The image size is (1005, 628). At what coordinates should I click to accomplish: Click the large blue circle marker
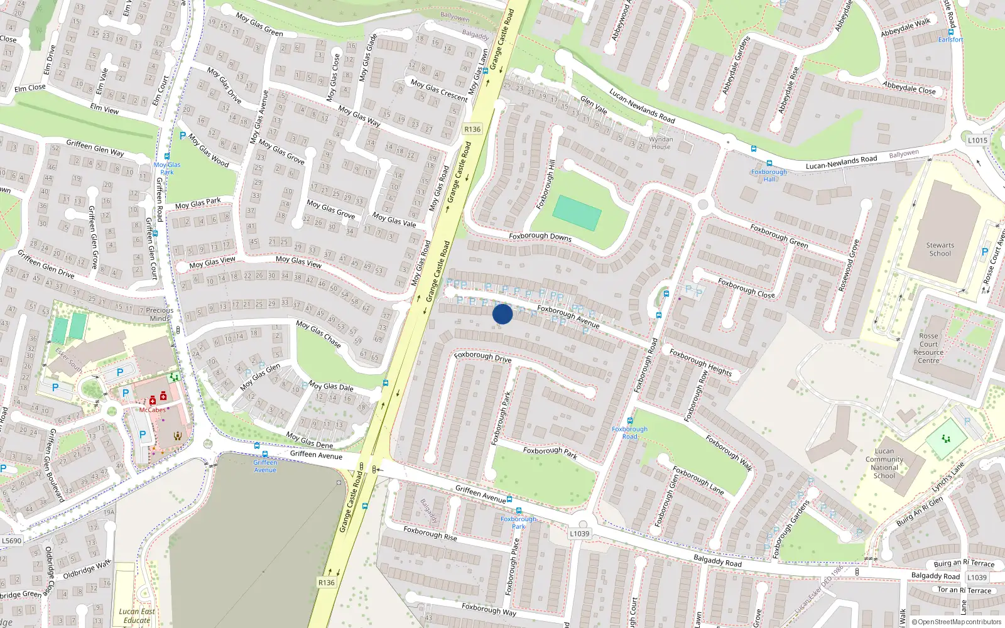tap(503, 314)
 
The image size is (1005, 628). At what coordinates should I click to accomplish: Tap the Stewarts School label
tap(940, 249)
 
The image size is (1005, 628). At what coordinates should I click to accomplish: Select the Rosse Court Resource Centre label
tap(928, 348)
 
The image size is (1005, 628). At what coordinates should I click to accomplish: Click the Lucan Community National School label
tap(884, 463)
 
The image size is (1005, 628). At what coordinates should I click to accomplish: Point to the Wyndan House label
tap(661, 143)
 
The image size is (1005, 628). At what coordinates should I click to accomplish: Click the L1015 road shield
tap(977, 140)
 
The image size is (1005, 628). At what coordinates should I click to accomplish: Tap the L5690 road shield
tap(11, 540)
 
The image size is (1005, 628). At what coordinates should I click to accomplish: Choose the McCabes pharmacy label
tap(152, 410)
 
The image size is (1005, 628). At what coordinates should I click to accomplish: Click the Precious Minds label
tap(160, 314)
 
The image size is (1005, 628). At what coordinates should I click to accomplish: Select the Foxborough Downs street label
tap(540, 237)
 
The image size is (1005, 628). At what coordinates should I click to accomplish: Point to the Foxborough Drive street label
tap(482, 356)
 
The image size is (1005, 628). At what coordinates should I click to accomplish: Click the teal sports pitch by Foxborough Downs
tap(577, 213)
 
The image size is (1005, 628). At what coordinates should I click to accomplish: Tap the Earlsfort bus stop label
tap(950, 40)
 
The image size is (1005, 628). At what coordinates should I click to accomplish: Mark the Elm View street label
tap(104, 109)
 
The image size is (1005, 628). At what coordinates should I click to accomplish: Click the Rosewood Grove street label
tap(849, 266)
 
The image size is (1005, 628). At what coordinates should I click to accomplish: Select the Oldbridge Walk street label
tap(87, 569)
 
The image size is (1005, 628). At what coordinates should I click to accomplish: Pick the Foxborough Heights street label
tap(700, 362)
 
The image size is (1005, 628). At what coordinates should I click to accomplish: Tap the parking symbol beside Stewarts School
tap(985, 252)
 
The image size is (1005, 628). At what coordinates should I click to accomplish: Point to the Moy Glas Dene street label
tap(310, 440)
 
